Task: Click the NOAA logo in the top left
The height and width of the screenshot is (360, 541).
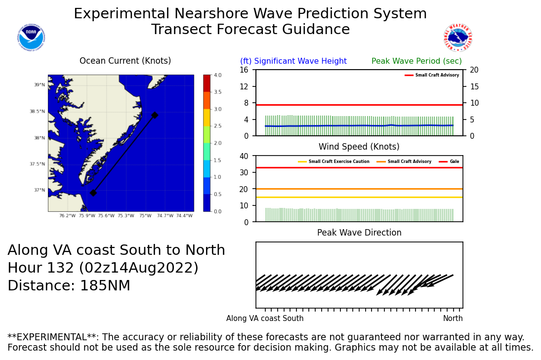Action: (x=31, y=38)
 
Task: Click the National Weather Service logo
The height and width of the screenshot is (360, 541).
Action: (x=458, y=38)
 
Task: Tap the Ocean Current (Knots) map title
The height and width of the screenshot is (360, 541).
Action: (x=125, y=61)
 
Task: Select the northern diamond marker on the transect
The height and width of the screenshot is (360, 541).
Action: (x=155, y=115)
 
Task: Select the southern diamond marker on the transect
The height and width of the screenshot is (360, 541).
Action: (x=93, y=193)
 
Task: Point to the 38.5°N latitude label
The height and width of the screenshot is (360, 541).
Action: (x=37, y=112)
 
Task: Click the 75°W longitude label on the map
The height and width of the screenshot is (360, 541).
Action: (x=145, y=216)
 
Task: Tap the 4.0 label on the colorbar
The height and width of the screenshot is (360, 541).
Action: (x=217, y=75)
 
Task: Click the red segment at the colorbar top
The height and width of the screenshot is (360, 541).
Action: (x=207, y=83)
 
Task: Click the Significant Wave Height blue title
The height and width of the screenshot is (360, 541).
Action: (x=293, y=61)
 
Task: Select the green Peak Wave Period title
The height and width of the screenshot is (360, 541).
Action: (x=416, y=61)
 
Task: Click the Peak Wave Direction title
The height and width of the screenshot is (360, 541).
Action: (x=359, y=233)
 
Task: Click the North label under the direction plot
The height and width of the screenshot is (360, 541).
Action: (x=453, y=319)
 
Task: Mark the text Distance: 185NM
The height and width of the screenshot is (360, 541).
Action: (x=69, y=286)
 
